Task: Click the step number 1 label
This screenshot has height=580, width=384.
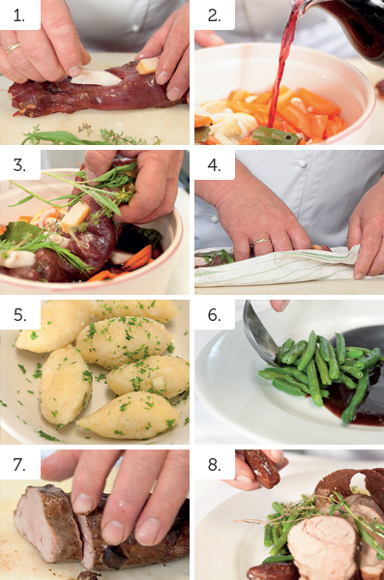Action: [19, 15]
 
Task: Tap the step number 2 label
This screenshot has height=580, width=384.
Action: [214, 15]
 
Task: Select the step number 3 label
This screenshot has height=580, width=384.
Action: [19, 165]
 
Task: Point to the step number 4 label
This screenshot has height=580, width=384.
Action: [214, 165]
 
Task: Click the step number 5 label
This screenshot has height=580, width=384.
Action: [19, 315]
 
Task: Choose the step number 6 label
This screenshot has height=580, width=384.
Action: [214, 315]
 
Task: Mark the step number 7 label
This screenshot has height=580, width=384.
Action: [19, 465]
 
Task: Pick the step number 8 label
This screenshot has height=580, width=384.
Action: [214, 465]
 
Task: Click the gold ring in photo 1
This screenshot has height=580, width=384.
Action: [13, 48]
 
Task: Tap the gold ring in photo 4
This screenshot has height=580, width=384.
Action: [261, 242]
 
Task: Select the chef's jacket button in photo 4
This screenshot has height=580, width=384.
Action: [303, 163]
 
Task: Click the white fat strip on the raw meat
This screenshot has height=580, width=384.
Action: [96, 77]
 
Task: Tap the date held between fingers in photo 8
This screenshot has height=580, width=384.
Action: [262, 468]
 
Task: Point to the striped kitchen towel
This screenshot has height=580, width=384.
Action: [285, 267]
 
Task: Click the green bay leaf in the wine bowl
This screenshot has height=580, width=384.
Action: [275, 135]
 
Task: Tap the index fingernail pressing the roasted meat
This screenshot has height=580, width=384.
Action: [83, 503]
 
